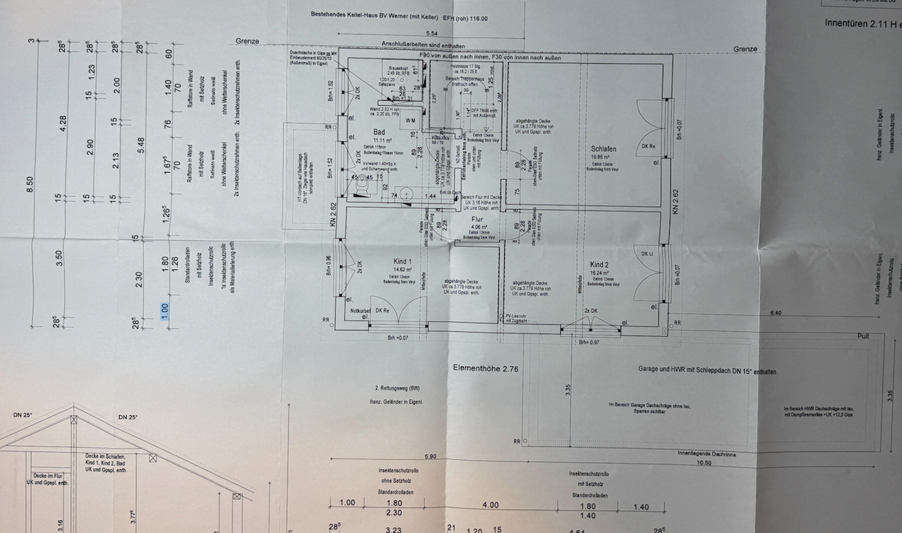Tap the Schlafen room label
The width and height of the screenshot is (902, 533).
click(603, 149)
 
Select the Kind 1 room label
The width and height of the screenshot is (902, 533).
click(402, 262)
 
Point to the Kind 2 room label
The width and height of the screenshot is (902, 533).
click(599, 264)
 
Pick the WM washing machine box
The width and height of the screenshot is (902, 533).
click(409, 120)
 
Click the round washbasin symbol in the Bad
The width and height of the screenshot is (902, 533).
click(407, 194)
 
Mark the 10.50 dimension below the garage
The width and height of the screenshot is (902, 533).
click(703, 463)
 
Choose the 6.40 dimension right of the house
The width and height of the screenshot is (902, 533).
click(776, 313)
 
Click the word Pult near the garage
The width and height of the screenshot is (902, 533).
click(863, 336)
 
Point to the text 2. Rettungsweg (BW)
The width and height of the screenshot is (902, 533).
click(397, 387)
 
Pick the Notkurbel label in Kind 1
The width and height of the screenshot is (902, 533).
click(361, 311)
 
